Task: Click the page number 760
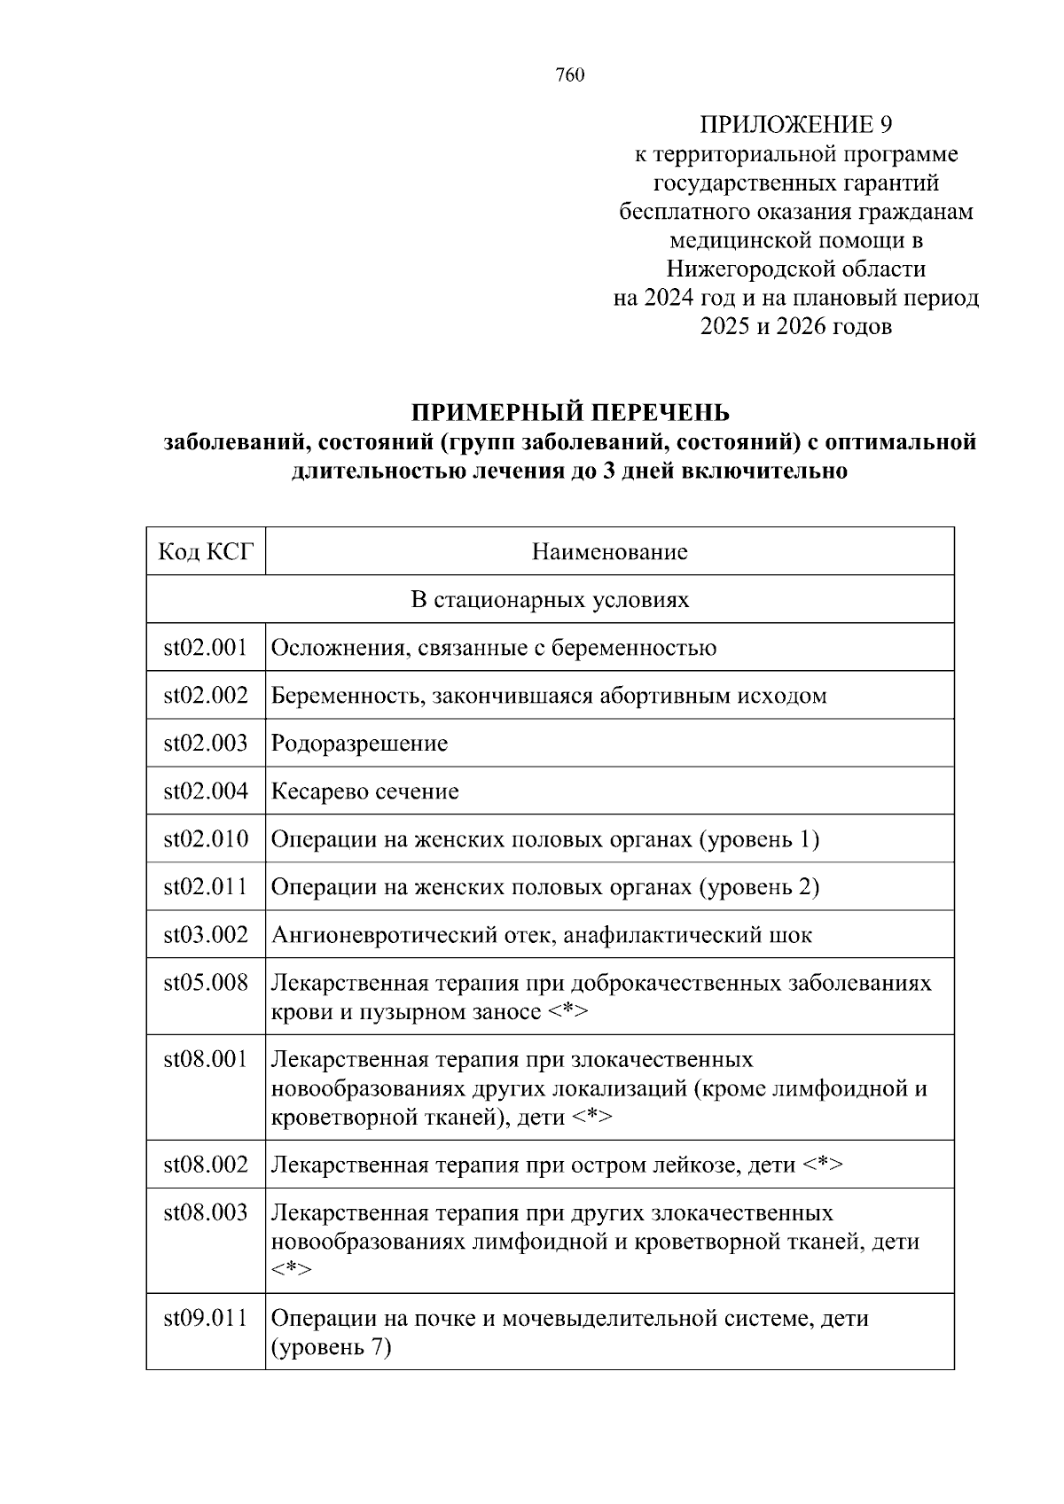tap(570, 75)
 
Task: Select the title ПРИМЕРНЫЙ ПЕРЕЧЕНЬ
tap(569, 412)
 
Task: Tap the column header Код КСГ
tap(206, 552)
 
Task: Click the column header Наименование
tap(609, 552)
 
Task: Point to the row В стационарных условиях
tap(550, 600)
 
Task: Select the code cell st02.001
tap(206, 648)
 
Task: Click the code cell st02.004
tap(206, 791)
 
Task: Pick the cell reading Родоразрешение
tap(359, 744)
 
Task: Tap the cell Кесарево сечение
tap(364, 791)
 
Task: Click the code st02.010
tap(206, 839)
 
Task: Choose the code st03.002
tap(206, 935)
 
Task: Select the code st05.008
tap(206, 983)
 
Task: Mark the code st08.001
tap(206, 1059)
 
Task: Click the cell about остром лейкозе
tap(556, 1165)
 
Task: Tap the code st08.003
tap(206, 1212)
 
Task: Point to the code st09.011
tap(206, 1318)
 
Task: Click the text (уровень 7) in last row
tap(331, 1348)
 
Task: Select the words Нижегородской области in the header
tap(795, 269)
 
